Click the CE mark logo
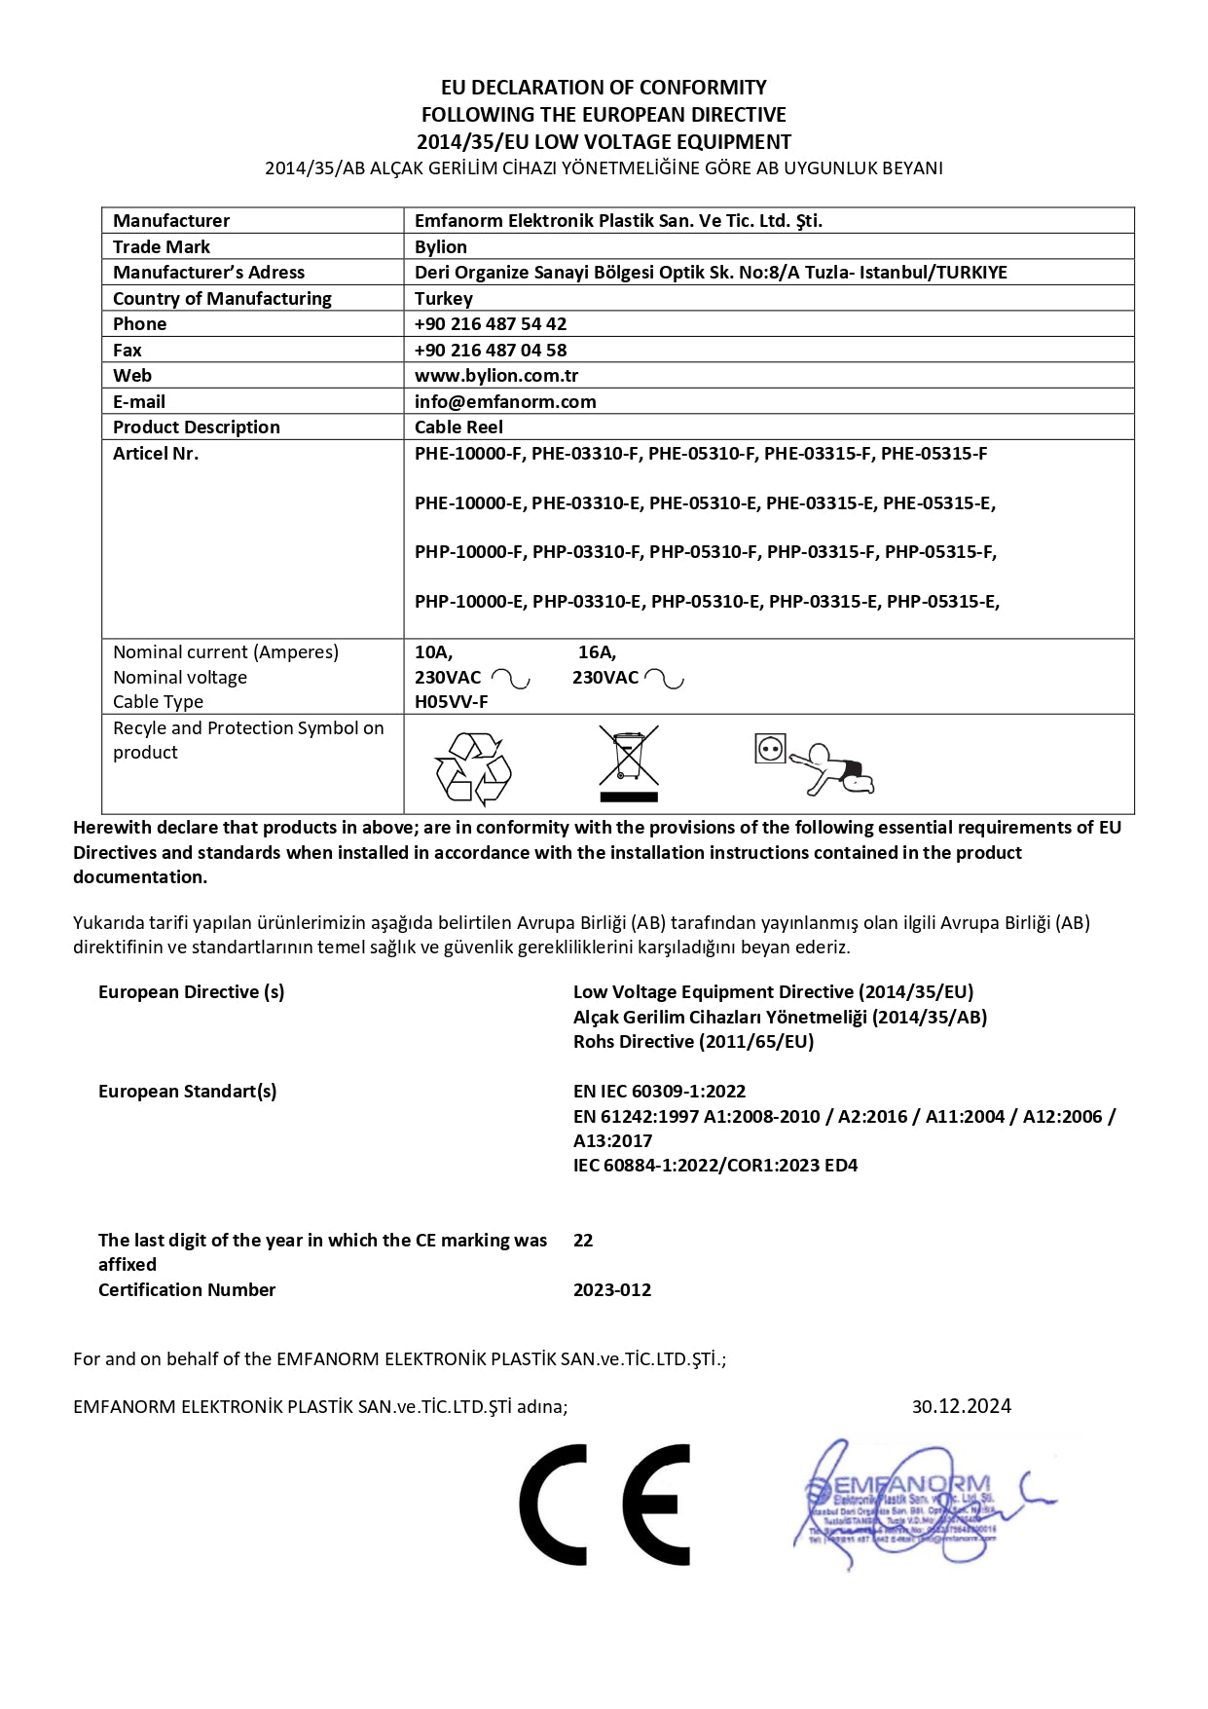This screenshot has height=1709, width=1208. (604, 1505)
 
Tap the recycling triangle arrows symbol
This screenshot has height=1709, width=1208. (473, 768)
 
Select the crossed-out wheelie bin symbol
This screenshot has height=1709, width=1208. (629, 762)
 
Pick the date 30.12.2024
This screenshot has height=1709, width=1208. (961, 1406)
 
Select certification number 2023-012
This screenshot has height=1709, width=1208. (612, 1289)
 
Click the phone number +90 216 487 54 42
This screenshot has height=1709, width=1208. (491, 323)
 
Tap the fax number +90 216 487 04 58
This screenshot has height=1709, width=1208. (491, 350)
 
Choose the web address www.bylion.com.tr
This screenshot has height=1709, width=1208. (496, 375)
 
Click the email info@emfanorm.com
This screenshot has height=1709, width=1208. (505, 401)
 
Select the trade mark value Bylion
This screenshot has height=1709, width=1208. (441, 246)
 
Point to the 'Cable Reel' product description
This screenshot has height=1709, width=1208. (458, 427)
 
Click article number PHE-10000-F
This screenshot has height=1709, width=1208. (468, 453)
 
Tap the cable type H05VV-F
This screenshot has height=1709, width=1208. (452, 701)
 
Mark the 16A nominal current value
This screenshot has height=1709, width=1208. (597, 651)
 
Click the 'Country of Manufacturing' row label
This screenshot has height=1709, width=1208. (222, 298)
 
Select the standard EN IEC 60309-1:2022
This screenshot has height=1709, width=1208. (659, 1091)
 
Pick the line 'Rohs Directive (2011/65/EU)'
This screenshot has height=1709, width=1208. (693, 1041)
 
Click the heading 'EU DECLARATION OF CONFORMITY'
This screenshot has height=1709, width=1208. (604, 88)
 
